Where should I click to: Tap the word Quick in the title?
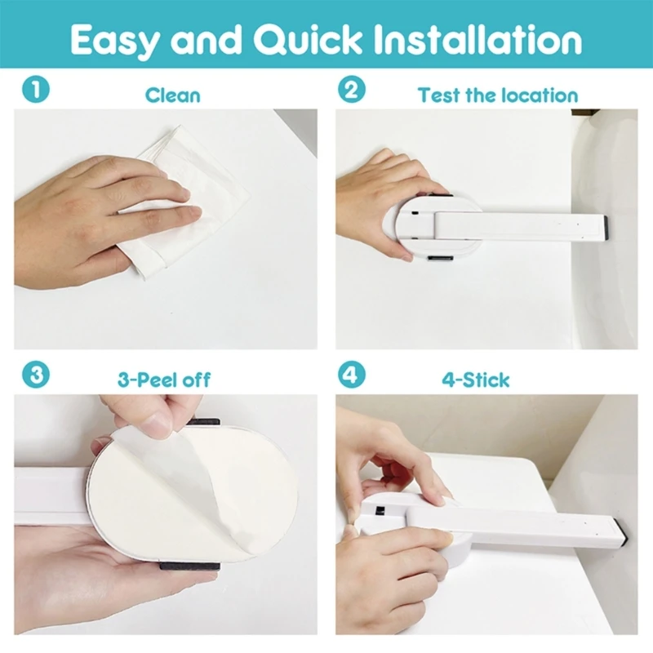point(308,39)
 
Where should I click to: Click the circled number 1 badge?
point(36,90)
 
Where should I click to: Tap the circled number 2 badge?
point(352,90)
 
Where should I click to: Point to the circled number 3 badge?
point(36,375)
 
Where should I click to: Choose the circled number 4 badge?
point(352,375)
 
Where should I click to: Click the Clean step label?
point(173,95)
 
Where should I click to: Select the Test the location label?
point(498,96)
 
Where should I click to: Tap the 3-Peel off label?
point(164,380)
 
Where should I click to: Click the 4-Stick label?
point(476,380)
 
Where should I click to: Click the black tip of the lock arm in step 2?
point(606,228)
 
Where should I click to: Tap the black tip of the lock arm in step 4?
point(622,532)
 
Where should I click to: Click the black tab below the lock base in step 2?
point(441,259)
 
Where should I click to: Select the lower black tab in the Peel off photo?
point(190,566)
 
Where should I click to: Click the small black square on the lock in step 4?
point(380,510)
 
